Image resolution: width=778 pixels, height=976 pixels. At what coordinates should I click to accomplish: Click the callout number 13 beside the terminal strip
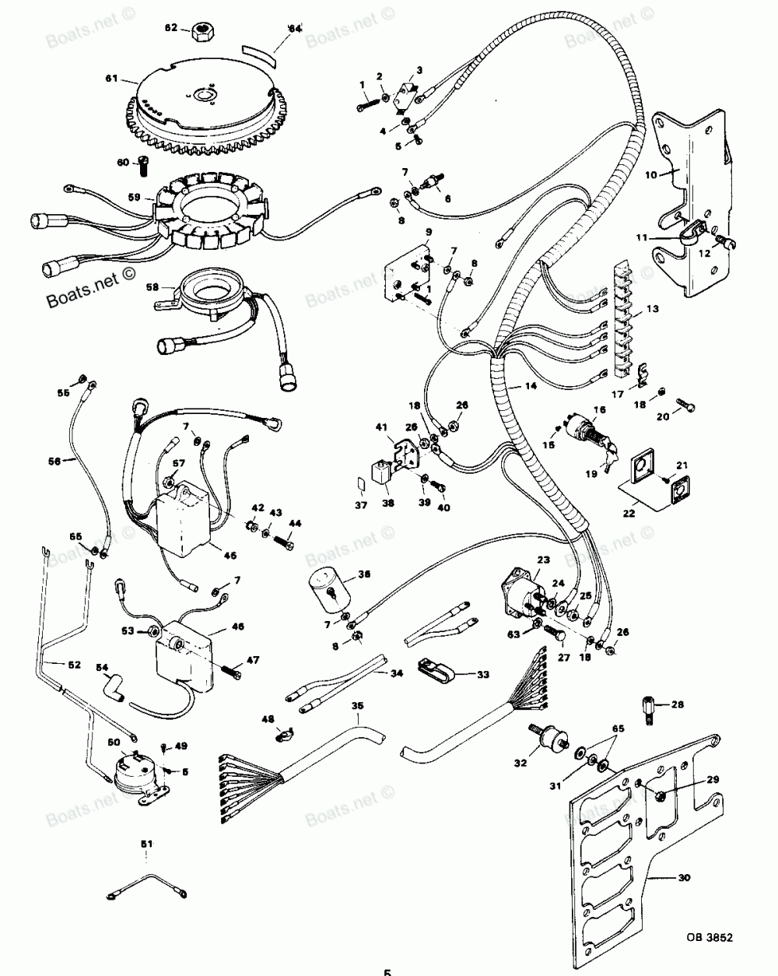(652, 309)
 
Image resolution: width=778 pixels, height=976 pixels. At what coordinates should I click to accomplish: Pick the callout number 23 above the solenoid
(542, 559)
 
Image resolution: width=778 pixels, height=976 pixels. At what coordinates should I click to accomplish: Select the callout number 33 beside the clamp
(482, 674)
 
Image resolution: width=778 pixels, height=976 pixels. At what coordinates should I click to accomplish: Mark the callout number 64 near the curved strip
(294, 29)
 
